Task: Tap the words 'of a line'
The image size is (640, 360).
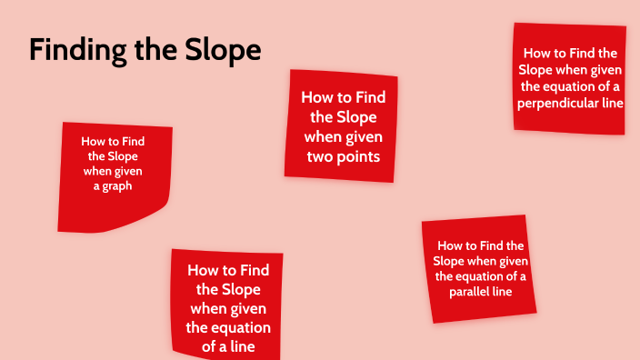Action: tap(227, 346)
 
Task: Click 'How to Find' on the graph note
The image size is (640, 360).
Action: tap(113, 141)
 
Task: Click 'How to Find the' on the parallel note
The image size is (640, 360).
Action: tap(481, 245)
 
